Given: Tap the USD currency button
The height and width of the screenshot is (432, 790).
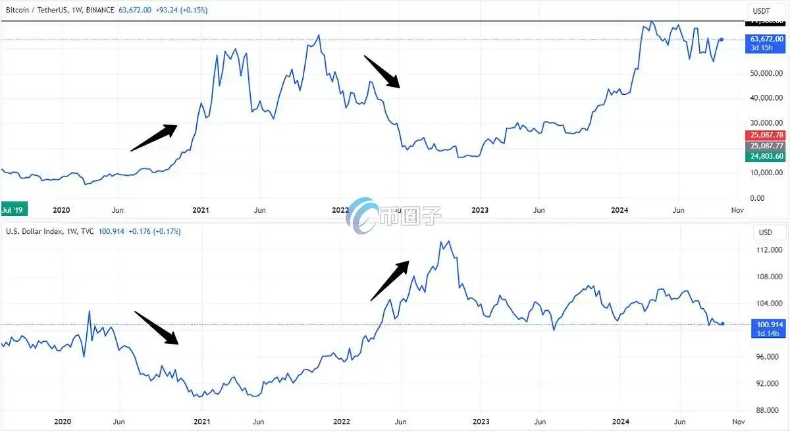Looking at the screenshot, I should tap(765, 232).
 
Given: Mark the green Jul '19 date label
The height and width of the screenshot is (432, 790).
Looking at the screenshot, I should tap(13, 210).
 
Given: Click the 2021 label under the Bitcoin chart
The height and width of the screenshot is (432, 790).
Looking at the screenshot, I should tap(200, 210).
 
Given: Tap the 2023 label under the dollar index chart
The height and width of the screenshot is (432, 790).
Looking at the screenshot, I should tap(481, 421).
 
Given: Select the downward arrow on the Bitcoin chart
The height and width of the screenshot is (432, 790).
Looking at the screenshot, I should tap(382, 71).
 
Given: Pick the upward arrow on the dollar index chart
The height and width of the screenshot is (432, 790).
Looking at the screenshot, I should tap(390, 281).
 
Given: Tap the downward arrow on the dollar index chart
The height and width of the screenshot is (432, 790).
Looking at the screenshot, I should tap(156, 327).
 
